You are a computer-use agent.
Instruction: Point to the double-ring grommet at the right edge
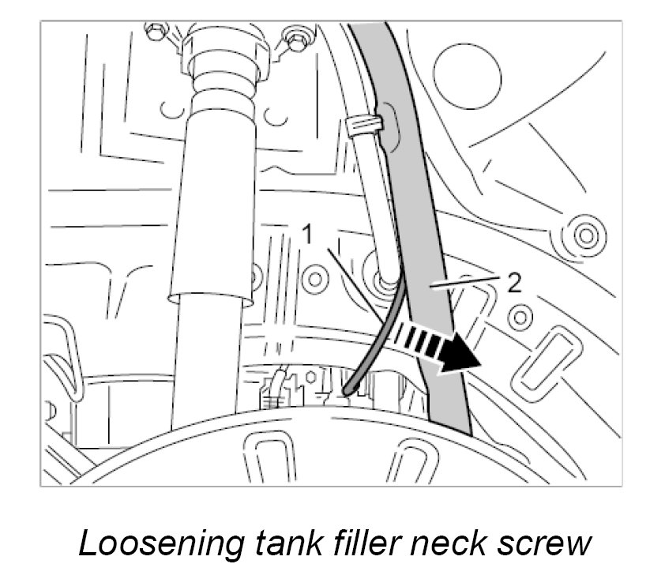pos(585,235)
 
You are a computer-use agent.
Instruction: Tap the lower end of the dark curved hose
pos(348,389)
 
